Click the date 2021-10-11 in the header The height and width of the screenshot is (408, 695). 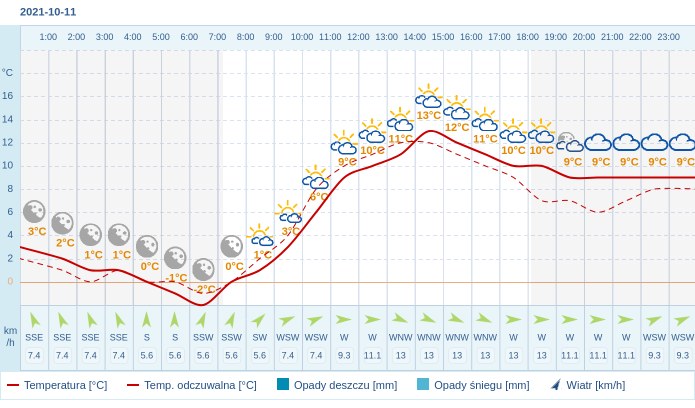click(x=48, y=12)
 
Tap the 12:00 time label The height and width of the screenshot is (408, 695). click(x=358, y=37)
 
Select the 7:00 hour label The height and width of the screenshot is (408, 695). click(x=217, y=37)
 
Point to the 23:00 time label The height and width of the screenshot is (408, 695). click(x=668, y=37)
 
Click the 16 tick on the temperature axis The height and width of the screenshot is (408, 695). click(x=8, y=96)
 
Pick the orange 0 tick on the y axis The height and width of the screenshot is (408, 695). click(x=10, y=281)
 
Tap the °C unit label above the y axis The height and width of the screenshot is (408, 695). click(x=8, y=73)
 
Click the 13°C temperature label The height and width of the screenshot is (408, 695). click(x=428, y=115)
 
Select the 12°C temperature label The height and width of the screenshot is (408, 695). click(x=457, y=127)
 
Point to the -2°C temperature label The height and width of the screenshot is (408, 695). click(x=204, y=289)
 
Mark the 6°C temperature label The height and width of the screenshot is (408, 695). click(x=317, y=197)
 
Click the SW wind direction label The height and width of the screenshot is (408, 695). click(x=259, y=337)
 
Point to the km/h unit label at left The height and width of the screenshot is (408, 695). click(x=10, y=336)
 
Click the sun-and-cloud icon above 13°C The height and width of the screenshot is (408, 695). click(x=428, y=97)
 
